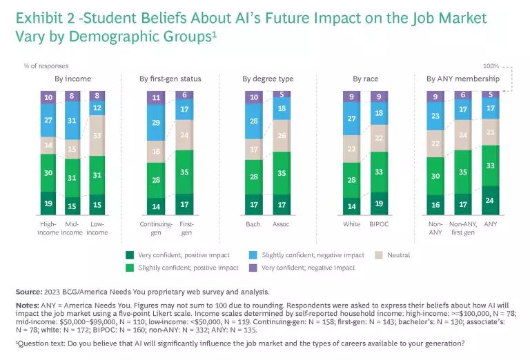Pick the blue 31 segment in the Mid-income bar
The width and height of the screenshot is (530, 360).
click(72, 121)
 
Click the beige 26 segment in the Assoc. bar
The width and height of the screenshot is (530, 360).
click(281, 136)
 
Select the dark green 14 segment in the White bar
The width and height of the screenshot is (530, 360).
click(353, 206)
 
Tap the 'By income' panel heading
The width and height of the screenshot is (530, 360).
click(72, 79)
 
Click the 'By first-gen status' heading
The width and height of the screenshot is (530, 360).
click(170, 79)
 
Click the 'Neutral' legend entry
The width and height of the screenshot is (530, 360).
click(398, 255)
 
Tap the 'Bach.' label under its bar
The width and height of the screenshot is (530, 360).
click(253, 224)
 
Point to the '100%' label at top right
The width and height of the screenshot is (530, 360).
click(491, 66)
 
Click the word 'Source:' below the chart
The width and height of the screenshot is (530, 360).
click(28, 292)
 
